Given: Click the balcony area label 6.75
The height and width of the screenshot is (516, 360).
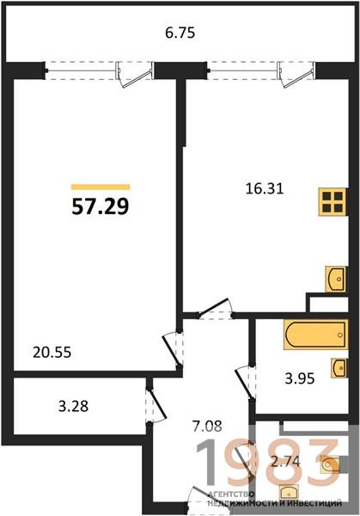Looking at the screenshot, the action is pos(180,33).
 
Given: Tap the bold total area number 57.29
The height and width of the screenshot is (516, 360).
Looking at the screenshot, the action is pos(101,207).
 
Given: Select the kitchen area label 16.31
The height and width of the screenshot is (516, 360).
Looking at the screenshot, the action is pos(265,189).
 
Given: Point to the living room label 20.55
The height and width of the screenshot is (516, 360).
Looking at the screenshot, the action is pos(52,353).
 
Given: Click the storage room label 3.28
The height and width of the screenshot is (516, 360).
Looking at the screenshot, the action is pos(73,406).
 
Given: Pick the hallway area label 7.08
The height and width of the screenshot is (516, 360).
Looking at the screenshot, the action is pos(207,427).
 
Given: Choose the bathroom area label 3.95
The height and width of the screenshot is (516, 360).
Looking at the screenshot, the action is pos(300,378).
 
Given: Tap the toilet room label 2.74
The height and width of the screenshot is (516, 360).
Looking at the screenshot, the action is pos(285,462).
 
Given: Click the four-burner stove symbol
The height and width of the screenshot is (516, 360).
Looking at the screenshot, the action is pos(333,202).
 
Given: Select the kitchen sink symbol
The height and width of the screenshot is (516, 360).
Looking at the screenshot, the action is pos(336,279).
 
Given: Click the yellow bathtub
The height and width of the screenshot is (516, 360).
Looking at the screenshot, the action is pos(315,334).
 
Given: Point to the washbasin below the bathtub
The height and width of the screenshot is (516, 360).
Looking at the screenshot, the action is pos(339,367).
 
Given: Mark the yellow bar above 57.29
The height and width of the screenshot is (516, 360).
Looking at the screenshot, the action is pos(101,187).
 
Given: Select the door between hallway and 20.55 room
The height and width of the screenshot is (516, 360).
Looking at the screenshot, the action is pos(172,349).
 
